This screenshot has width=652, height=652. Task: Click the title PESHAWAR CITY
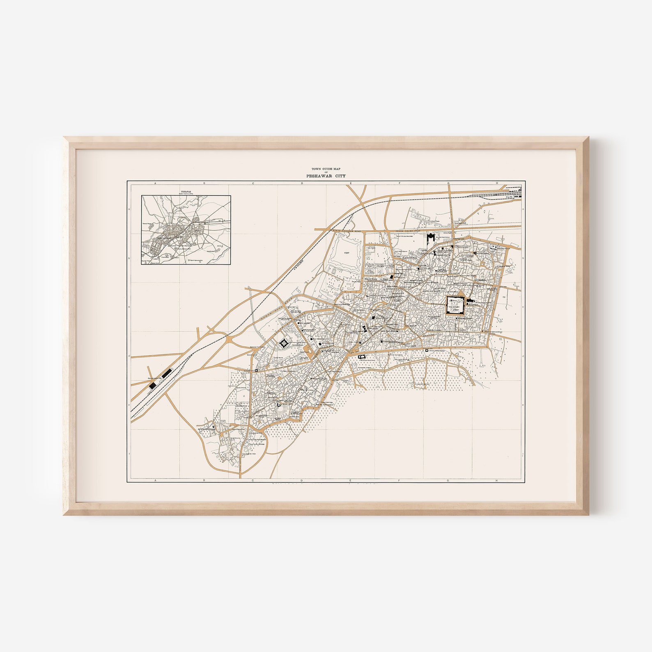[326, 176]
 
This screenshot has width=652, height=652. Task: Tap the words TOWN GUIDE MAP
[326, 169]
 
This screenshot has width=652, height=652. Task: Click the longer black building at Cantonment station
[166, 374]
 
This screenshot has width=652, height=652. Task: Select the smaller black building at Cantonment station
[153, 385]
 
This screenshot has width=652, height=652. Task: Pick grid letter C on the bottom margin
[253, 480]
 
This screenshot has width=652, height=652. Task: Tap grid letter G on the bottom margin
[448, 480]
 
